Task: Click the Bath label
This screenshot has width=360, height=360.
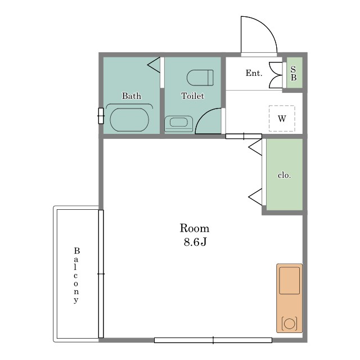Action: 132,96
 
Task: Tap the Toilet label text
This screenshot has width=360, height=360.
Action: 192,96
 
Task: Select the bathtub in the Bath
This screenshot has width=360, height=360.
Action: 129,120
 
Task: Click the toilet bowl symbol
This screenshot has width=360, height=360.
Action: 200,78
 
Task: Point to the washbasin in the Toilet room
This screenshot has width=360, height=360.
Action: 179,124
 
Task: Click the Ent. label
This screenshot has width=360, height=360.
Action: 254,73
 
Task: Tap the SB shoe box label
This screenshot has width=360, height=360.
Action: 294,73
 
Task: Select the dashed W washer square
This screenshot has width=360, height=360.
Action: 282,119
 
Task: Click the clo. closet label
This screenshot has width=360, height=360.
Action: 284,175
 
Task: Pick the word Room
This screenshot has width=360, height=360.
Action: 195,228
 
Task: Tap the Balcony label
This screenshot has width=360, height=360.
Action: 76,275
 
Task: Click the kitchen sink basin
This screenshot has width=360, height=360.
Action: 289,281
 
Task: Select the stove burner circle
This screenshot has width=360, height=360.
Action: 289,323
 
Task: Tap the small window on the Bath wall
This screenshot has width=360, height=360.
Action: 101,116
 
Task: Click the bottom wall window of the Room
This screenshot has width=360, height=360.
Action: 213,340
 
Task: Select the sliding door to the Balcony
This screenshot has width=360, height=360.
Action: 101,274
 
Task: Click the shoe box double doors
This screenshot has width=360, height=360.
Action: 276,75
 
